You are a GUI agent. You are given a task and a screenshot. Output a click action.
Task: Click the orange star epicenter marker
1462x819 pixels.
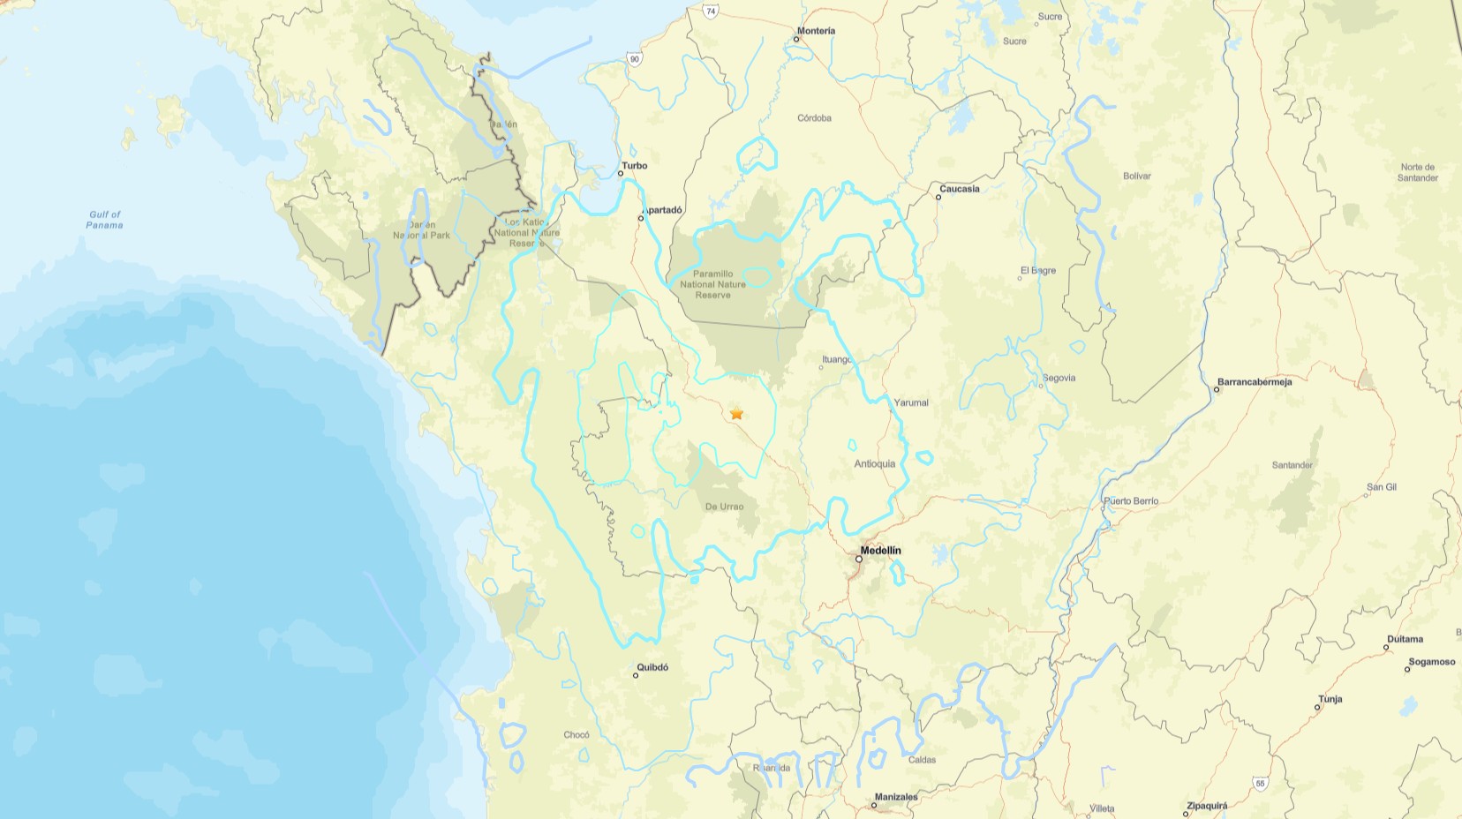736,413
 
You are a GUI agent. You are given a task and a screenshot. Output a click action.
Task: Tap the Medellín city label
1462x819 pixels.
880,550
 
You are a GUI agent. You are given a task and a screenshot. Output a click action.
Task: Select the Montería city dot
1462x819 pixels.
797,39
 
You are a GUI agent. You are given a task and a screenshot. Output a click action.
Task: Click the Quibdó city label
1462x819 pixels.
652,667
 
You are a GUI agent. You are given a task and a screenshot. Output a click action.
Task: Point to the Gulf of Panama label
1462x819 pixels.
104,220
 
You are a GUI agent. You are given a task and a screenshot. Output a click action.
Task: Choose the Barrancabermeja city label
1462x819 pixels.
1255,382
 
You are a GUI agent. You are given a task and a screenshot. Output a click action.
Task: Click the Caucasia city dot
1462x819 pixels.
938,197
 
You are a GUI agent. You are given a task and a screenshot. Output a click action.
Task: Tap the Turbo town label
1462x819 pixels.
634,165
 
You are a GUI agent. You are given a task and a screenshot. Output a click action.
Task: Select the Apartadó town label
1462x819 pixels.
663,210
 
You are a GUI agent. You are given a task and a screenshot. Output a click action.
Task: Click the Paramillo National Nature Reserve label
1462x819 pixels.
712,284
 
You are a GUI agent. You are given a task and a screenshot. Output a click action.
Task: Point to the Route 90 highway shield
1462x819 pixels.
634,58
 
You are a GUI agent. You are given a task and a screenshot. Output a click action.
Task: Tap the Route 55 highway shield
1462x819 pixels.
1260,783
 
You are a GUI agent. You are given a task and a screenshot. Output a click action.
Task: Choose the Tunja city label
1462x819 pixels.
1330,699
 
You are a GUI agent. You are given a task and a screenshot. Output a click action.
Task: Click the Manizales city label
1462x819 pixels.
896,797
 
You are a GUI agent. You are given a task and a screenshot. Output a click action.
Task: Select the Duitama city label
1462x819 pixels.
1405,639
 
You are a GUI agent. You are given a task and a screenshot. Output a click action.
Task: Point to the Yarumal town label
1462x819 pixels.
911,402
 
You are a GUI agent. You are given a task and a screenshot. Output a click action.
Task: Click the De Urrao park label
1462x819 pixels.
724,507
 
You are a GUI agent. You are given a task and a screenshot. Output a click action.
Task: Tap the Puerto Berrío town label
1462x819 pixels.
1131,501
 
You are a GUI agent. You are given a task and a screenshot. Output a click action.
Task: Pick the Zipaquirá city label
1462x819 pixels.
1208,806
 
